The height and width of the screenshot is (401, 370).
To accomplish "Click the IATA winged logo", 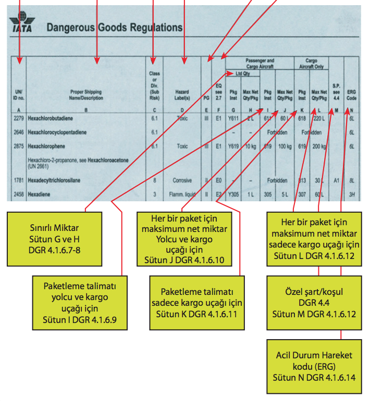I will coord(21,25).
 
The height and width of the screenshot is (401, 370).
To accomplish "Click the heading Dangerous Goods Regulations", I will coord(115,28).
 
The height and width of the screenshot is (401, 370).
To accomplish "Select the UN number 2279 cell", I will coord(18,119).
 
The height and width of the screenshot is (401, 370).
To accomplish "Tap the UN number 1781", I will coord(18,180).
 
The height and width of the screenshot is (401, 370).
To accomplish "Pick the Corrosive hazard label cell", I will coord(182,180).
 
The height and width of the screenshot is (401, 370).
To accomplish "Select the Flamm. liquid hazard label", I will coord(182,194).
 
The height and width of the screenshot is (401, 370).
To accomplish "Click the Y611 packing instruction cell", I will coord(233,119).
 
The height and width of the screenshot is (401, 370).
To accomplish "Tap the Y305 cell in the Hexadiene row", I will coord(233,194).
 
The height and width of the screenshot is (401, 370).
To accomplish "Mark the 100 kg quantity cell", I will coord(285,147).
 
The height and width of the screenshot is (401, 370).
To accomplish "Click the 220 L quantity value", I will coord(319,119).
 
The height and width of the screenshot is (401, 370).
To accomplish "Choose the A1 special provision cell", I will coord(337,180).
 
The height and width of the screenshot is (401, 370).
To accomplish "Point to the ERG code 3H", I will coord(352,194).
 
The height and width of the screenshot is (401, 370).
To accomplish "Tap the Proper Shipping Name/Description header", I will coord(86,95).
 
